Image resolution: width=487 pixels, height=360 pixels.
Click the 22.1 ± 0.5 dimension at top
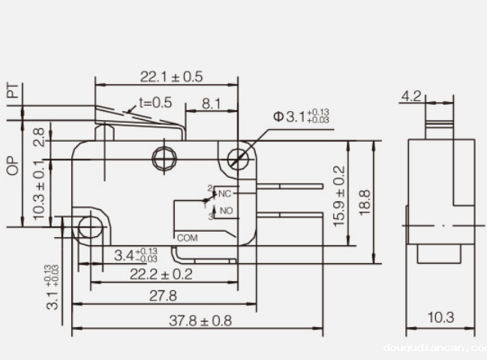coord(172,76)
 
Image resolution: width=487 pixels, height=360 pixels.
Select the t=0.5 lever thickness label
coord(155,103)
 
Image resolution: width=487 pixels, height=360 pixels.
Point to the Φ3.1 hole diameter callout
coord(301,116)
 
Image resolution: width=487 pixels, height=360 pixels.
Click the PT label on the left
coord(12,91)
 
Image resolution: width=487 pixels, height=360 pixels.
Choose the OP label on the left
coord(12,166)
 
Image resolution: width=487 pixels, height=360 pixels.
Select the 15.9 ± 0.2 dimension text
coord(340,196)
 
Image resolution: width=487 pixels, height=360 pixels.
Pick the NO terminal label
coord(225,211)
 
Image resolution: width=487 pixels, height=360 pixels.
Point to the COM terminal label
coord(187,237)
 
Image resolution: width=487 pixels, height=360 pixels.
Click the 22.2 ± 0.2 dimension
coord(161,274)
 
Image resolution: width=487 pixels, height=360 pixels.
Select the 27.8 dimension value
coord(163,295)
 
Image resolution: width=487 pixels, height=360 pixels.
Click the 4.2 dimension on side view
coord(411,96)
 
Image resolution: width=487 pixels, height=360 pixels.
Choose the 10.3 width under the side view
coord(440,318)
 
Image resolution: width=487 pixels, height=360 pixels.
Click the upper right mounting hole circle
coord(239,158)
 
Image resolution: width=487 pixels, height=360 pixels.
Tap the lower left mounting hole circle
coord(90,228)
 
